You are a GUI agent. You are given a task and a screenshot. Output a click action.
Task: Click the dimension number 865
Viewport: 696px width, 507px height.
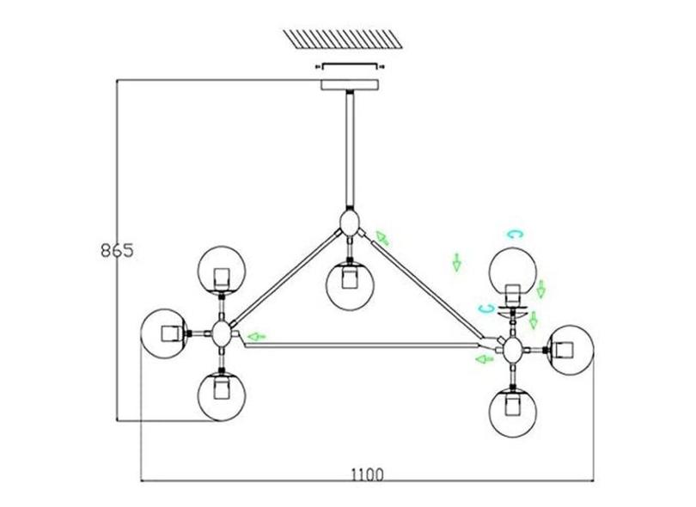[x=115, y=251]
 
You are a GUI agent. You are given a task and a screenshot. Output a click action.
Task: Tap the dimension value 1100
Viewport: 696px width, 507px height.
[x=367, y=474]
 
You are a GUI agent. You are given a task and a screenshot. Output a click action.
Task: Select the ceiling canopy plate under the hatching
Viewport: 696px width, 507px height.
[x=349, y=85]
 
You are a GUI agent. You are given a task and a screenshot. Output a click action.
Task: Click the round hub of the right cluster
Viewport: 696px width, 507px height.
[x=514, y=349]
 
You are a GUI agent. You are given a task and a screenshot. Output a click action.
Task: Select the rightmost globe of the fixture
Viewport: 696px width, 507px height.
[x=571, y=350]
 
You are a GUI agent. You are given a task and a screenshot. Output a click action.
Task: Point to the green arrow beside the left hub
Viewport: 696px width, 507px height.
[x=255, y=336]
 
